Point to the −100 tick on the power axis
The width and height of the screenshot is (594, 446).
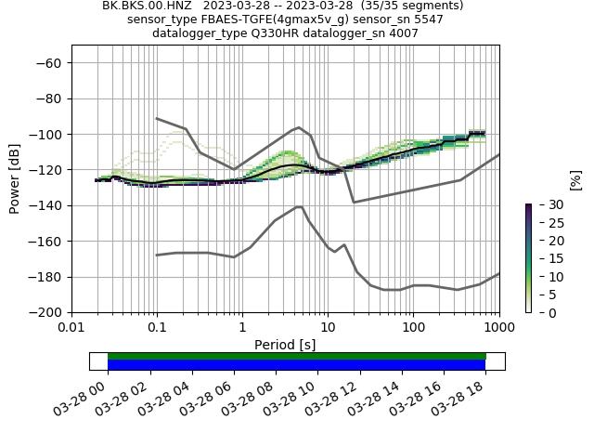pos(47,134)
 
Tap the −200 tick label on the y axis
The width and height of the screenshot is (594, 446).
pos(47,312)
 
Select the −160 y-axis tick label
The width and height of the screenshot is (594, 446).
pos(47,241)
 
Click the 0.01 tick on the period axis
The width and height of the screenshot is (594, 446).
pos(71,327)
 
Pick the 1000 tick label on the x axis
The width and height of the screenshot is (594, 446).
pos(498,327)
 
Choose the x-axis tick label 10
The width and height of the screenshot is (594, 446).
pos(328,327)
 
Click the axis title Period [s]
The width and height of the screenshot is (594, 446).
pos(285,344)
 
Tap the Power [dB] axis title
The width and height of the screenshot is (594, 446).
pos(15,178)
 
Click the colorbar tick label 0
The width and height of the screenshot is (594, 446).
pos(541,313)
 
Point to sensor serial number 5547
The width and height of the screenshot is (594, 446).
pos(427,20)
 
